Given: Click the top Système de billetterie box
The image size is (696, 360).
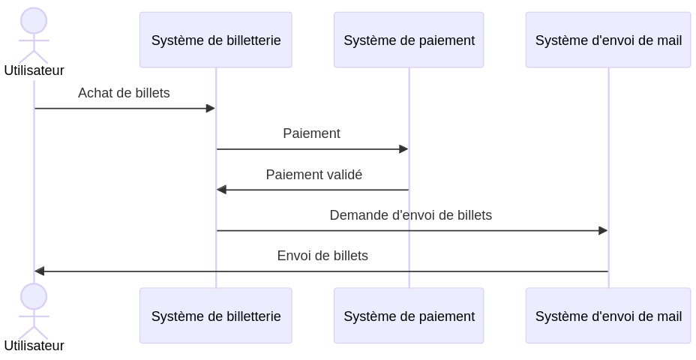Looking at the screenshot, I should click(215, 40).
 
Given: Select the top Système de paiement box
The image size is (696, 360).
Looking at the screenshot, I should click(409, 40).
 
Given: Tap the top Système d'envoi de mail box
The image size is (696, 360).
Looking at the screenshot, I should click(607, 40).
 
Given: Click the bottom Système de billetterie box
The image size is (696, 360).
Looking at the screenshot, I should click(215, 316).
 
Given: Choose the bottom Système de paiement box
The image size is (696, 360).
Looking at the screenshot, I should click(409, 316).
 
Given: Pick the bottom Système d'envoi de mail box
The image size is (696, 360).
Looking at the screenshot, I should click(607, 316).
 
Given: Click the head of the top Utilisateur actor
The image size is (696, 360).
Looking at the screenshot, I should click(34, 21).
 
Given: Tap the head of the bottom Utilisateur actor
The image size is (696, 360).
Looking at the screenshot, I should click(34, 296).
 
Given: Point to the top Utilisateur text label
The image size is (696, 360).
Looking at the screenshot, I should click(34, 70).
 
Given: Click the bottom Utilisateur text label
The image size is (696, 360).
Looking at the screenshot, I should click(34, 346).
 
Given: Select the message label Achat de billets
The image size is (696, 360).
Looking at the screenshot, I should click(124, 93).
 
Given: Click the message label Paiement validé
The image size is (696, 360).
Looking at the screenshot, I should click(313, 175).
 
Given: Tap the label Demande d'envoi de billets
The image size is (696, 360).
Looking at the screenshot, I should click(410, 215).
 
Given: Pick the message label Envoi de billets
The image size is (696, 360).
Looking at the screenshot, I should click(322, 256).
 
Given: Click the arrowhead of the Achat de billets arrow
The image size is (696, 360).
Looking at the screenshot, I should click(211, 109).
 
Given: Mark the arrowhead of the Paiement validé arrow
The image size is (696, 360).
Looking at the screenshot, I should click(221, 190).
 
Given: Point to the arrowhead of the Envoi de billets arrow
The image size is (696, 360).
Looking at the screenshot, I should click(40, 271).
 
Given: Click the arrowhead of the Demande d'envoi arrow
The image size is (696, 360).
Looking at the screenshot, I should click(603, 231).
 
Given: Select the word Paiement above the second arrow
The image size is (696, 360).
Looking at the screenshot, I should click(311, 133).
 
